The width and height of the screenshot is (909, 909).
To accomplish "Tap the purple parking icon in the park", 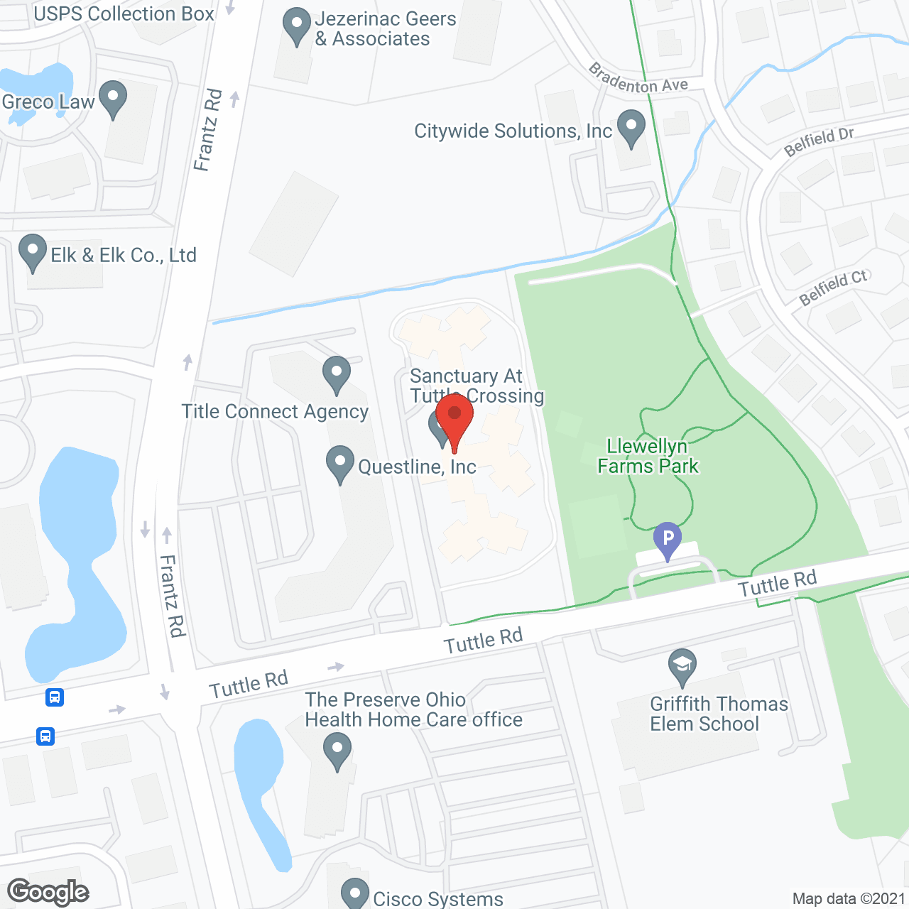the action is click(x=668, y=540).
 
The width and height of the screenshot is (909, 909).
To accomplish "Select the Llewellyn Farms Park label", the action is click(x=648, y=456).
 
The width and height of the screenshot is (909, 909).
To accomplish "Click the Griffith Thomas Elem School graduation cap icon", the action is click(x=682, y=666).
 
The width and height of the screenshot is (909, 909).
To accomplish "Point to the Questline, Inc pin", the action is click(x=340, y=463).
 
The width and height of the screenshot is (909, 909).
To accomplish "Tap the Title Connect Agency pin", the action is click(x=336, y=374).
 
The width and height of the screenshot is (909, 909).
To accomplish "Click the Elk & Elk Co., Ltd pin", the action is click(x=32, y=251).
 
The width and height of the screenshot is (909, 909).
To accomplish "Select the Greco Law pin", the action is click(x=113, y=98).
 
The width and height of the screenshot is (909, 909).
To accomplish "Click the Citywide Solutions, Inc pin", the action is click(x=631, y=127).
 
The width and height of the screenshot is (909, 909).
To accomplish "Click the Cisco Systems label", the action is click(x=438, y=898).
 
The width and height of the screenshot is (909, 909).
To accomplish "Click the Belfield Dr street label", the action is click(x=818, y=142).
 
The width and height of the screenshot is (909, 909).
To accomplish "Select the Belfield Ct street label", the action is click(x=834, y=288).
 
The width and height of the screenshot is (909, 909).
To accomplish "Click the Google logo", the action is click(x=48, y=893).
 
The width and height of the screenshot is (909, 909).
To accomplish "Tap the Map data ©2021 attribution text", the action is click(x=848, y=898).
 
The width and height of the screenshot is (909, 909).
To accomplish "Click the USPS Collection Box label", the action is click(x=124, y=13).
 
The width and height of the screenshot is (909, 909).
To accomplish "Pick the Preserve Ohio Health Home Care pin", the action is click(x=337, y=751).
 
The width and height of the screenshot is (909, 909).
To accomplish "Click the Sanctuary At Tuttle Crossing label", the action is click(x=476, y=386).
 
